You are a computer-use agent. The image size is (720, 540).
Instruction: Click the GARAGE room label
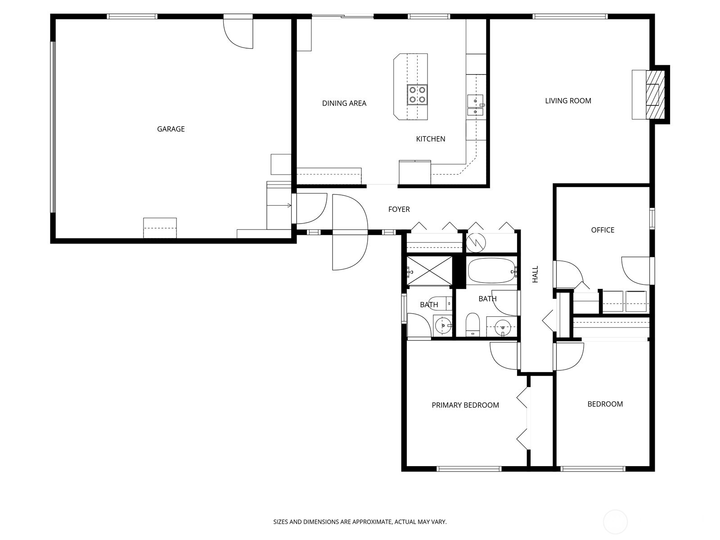pyautogui.click(x=171, y=129)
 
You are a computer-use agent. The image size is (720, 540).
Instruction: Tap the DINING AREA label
pyautogui.click(x=344, y=103)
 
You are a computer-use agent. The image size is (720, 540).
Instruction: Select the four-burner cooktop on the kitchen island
pyautogui.click(x=417, y=94)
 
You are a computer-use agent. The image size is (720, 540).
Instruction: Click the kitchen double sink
pyautogui.click(x=475, y=106)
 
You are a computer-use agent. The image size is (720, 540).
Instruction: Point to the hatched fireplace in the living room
pyautogui.click(x=652, y=94)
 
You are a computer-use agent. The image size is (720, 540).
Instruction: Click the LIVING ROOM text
pyautogui.click(x=568, y=101)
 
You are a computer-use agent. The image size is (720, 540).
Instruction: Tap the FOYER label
pyautogui.click(x=399, y=209)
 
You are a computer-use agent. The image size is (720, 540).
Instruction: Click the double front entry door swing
pyautogui.click(x=350, y=232)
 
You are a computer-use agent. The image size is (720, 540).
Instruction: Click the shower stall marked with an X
pyautogui.click(x=429, y=271)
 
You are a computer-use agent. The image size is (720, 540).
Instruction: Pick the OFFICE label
pyautogui.click(x=603, y=230)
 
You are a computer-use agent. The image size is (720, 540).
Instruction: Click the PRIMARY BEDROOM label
pyautogui.click(x=465, y=405)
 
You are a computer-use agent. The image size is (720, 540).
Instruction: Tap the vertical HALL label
pyautogui.click(x=535, y=274)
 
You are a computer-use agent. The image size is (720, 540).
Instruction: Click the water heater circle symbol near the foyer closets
pyautogui.click(x=476, y=243)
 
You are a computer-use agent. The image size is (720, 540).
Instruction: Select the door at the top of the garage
pyautogui.click(x=238, y=32)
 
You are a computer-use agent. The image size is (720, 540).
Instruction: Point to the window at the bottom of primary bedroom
pyautogui.click(x=469, y=469)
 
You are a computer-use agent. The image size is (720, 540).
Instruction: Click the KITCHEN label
pyautogui.click(x=430, y=139)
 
